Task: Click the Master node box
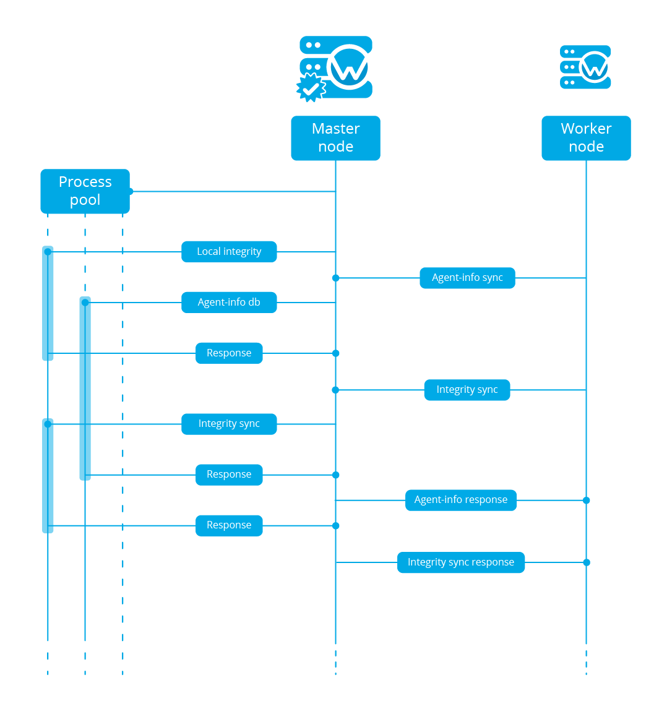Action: [335, 138]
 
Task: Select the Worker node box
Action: [586, 138]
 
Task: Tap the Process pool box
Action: [85, 191]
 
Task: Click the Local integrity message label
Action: [229, 252]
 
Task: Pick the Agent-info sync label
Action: [467, 278]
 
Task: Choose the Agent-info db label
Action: [229, 303]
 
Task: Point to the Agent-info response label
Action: [461, 500]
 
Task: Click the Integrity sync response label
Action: [461, 562]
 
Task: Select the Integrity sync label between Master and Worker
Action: [467, 390]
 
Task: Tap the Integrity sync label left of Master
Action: [229, 424]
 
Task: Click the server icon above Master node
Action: [336, 67]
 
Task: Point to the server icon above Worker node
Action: [585, 67]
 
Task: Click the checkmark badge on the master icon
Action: [311, 88]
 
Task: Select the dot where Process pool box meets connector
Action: [130, 191]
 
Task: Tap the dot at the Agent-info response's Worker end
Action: [586, 500]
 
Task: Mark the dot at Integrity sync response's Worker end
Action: [586, 562]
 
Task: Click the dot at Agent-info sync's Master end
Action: [335, 278]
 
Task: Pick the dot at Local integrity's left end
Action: [48, 252]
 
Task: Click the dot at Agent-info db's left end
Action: [85, 303]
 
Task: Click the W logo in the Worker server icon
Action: [594, 67]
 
